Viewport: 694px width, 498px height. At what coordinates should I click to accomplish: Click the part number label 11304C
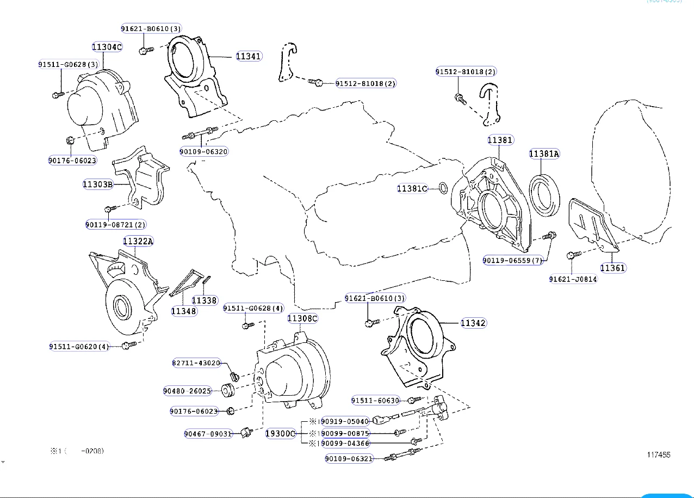click(x=107, y=47)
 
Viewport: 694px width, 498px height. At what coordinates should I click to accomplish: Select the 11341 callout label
click(x=249, y=56)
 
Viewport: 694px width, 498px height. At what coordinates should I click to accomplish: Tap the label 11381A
click(x=544, y=154)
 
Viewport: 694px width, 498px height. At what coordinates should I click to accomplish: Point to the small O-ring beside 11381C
click(x=443, y=189)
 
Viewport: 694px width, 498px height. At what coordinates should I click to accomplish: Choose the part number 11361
click(x=612, y=268)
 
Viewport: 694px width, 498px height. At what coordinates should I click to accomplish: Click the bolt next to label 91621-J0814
click(x=573, y=255)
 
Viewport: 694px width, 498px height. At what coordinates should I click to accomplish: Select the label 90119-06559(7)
click(x=513, y=261)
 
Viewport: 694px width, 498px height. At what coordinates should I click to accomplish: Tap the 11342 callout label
click(x=473, y=323)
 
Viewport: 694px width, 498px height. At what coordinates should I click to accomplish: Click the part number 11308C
click(x=302, y=318)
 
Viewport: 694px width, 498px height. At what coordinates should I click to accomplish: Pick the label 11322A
click(x=138, y=241)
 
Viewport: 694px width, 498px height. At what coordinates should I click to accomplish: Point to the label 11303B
click(x=98, y=185)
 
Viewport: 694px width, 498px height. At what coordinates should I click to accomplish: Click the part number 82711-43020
click(x=196, y=363)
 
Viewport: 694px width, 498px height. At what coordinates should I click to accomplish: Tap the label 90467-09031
click(x=208, y=434)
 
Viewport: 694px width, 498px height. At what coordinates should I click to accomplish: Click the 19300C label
click(x=280, y=434)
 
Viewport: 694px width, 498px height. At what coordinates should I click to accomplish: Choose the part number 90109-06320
click(x=204, y=151)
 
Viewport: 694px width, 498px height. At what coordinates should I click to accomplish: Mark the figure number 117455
click(x=658, y=455)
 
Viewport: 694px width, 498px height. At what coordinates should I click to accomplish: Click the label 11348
click(x=184, y=311)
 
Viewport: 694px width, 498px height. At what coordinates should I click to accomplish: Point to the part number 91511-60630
click(x=375, y=401)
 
